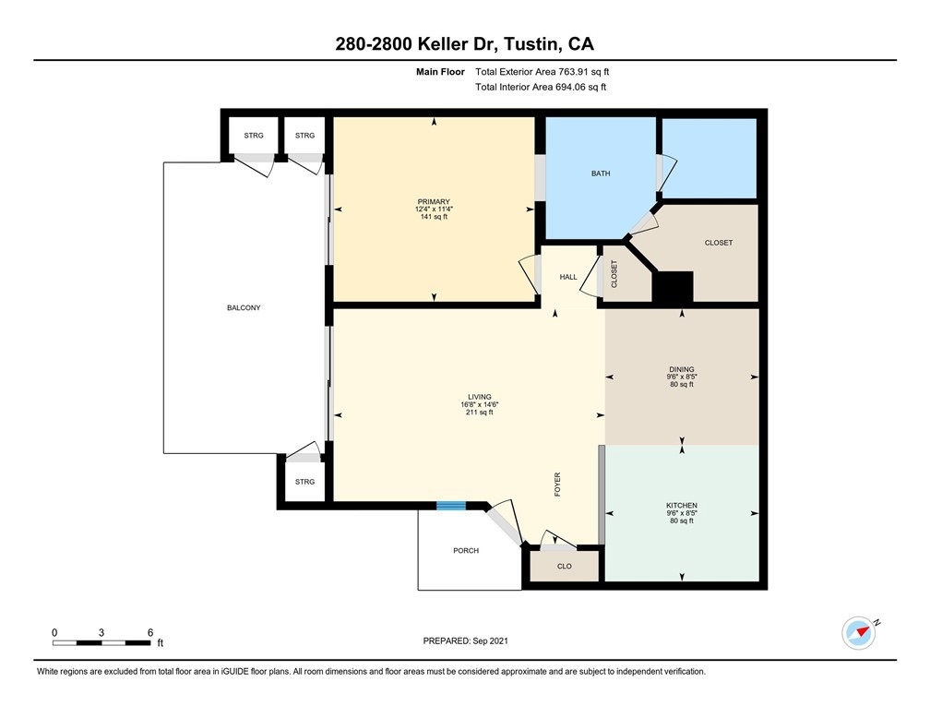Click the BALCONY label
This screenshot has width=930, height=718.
pyautogui.click(x=244, y=308)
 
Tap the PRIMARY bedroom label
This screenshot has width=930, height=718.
pyautogui.click(x=434, y=202)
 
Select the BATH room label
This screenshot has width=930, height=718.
pyautogui.click(x=601, y=174)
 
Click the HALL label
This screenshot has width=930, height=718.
pyautogui.click(x=568, y=277)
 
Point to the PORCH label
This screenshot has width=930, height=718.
pyautogui.click(x=466, y=551)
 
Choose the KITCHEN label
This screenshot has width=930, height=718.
pyautogui.click(x=682, y=506)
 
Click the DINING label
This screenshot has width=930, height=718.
pyautogui.click(x=682, y=369)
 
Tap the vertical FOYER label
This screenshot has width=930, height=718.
pyautogui.click(x=557, y=485)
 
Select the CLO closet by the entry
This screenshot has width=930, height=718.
pyautogui.click(x=564, y=566)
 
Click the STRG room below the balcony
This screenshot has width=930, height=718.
pyautogui.click(x=304, y=482)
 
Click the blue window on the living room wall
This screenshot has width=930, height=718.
pyautogui.click(x=451, y=506)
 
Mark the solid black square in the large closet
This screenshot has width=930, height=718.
pyautogui.click(x=673, y=287)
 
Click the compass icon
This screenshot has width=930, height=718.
pyautogui.click(x=859, y=633)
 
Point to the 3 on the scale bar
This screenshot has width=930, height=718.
pyautogui.click(x=101, y=632)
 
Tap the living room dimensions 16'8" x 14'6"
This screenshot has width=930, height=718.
pyautogui.click(x=479, y=405)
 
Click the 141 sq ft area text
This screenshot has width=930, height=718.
pyautogui.click(x=434, y=217)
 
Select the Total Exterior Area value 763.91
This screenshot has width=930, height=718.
pyautogui.click(x=572, y=72)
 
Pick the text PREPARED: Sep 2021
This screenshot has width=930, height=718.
pyautogui.click(x=465, y=640)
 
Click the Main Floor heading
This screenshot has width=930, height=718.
pyautogui.click(x=440, y=72)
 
